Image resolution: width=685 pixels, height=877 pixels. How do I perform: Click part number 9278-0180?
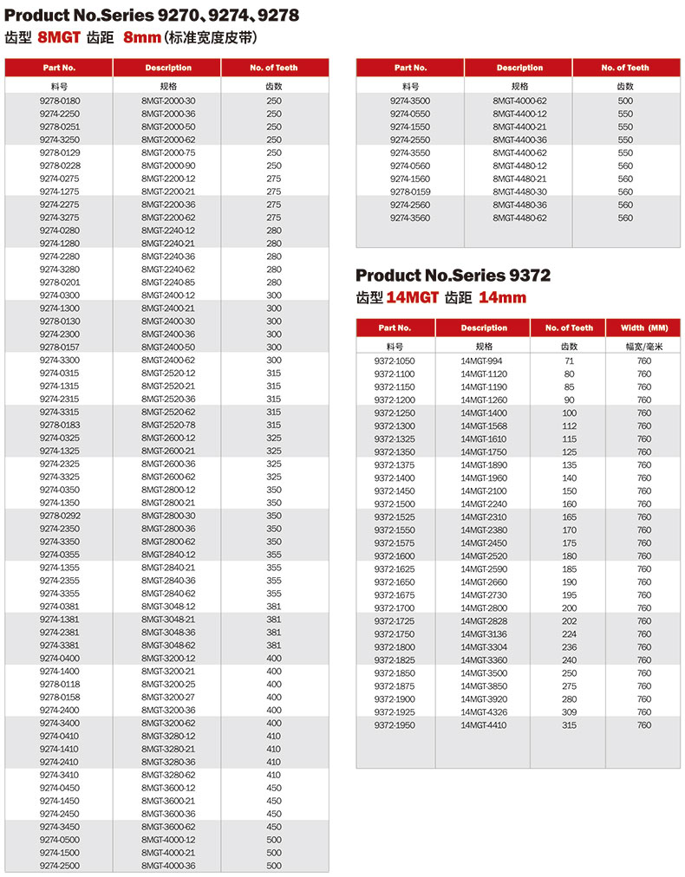(x=59, y=101)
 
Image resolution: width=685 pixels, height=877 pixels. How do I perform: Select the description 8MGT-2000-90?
(x=168, y=166)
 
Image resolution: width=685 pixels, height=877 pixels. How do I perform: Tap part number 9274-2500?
(x=59, y=866)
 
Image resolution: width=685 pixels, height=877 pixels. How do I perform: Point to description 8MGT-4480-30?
(x=519, y=192)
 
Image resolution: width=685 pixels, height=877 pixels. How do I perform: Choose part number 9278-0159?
(x=410, y=192)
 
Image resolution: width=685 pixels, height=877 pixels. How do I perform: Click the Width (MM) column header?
(x=644, y=328)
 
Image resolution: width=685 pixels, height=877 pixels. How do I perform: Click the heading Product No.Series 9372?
(x=453, y=276)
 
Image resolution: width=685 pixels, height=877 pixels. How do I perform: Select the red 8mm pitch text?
(x=141, y=37)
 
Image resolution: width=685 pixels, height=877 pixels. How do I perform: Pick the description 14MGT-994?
(x=482, y=361)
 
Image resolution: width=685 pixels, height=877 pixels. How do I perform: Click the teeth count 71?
(x=570, y=361)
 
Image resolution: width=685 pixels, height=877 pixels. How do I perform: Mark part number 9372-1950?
(x=395, y=724)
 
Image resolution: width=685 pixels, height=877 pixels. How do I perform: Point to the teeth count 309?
(x=570, y=711)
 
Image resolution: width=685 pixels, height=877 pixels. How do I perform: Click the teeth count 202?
(x=570, y=620)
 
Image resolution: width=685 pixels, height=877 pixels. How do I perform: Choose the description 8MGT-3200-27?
(x=168, y=697)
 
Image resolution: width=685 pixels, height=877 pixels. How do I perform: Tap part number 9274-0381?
(x=59, y=607)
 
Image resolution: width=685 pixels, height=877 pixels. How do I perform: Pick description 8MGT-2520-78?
(x=168, y=425)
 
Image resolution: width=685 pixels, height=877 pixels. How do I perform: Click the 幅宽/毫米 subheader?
(x=644, y=347)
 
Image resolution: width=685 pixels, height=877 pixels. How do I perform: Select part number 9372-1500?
(x=395, y=503)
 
